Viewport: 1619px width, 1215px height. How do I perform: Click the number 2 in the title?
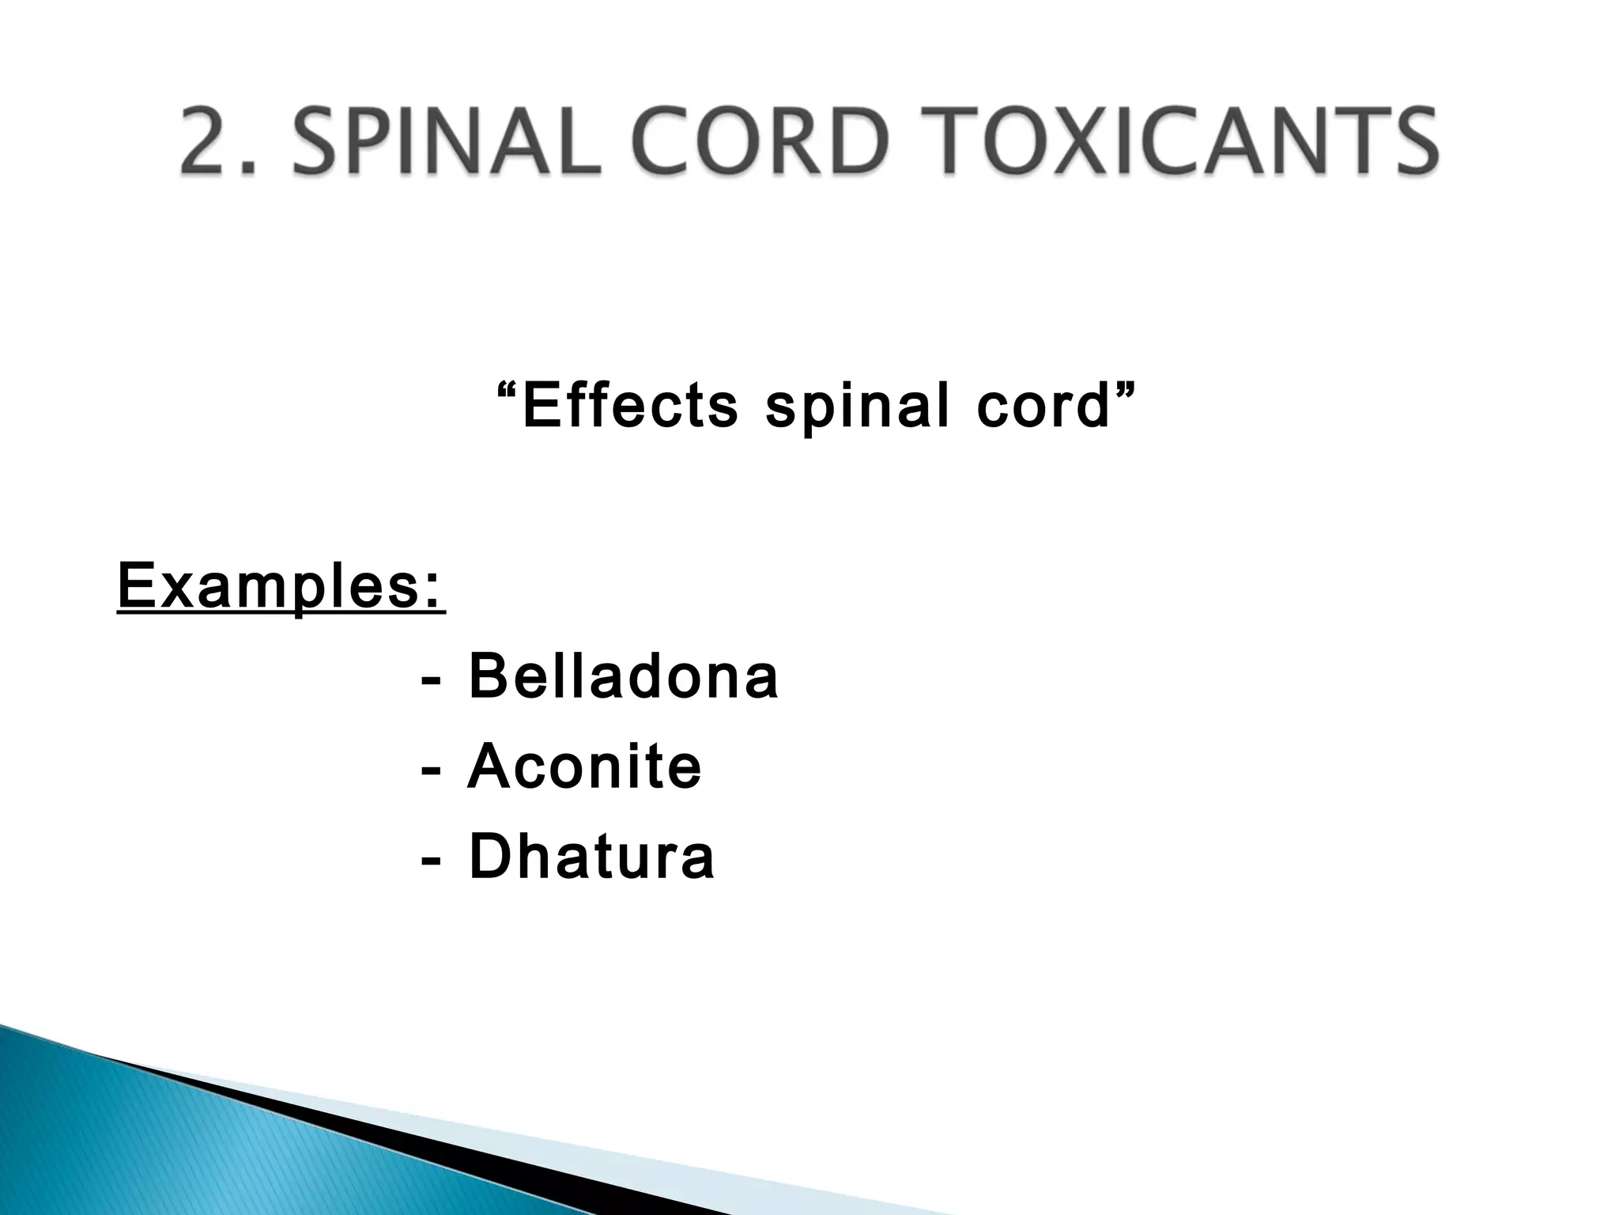pyautogui.click(x=208, y=142)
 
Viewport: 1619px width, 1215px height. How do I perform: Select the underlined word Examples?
pyautogui.click(x=269, y=586)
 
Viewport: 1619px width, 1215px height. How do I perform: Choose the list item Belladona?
pyautogui.click(x=623, y=676)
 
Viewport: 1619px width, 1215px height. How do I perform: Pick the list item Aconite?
pyautogui.click(x=584, y=766)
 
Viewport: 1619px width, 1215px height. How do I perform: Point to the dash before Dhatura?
pyautogui.click(x=432, y=861)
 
